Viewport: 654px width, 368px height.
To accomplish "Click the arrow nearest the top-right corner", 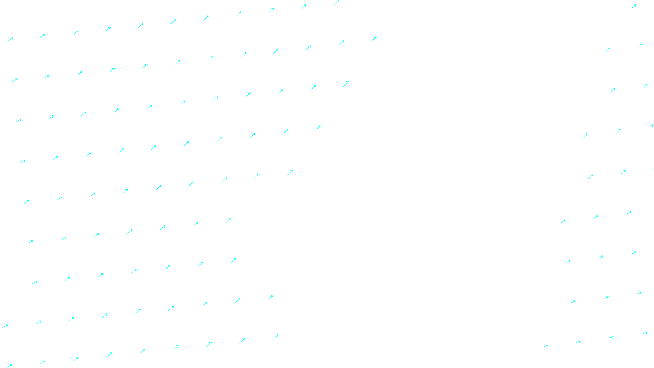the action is pyautogui.click(x=634, y=6).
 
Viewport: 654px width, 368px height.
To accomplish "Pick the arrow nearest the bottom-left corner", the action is pyautogui.click(x=9, y=366).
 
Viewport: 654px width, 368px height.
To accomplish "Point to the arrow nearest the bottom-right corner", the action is pyautogui.click(x=645, y=333).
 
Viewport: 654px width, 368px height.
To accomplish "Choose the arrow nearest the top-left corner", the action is pyautogui.click(x=11, y=39).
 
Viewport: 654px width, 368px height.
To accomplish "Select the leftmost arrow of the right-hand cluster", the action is pyautogui.click(x=545, y=346).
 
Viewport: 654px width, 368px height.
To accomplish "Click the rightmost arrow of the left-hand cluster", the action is pyautogui.click(x=374, y=39).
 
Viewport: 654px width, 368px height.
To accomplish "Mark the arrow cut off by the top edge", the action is pyautogui.click(x=367, y=1).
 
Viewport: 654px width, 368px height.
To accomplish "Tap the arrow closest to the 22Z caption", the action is pyautogui.click(x=275, y=337).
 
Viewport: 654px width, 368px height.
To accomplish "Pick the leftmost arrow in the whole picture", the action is pyautogui.click(x=5, y=326).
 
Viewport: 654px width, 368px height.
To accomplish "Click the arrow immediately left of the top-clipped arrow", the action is pyautogui.click(x=336, y=3).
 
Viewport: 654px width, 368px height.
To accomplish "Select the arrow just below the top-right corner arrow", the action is pyautogui.click(x=639, y=46).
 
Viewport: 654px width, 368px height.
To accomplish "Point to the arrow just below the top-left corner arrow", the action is pyautogui.click(x=15, y=80).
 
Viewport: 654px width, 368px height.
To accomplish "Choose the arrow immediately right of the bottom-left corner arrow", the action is pyautogui.click(x=42, y=362).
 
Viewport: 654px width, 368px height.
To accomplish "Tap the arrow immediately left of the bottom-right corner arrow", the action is pyautogui.click(x=612, y=337).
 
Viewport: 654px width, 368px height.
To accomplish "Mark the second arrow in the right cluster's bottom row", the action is pyautogui.click(x=578, y=342).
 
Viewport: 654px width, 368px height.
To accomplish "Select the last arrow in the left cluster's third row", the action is pyautogui.click(x=346, y=83).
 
